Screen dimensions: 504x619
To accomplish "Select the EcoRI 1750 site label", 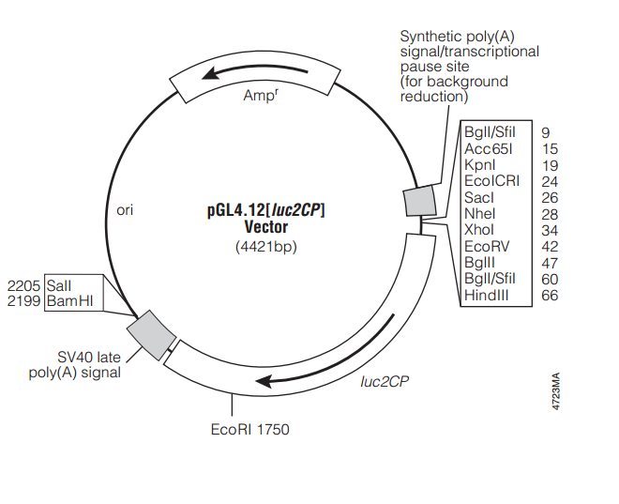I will pyautogui.click(x=249, y=430).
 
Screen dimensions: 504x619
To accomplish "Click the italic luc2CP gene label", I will pyautogui.click(x=384, y=382).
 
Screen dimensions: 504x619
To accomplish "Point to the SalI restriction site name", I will pyautogui.click(x=58, y=283).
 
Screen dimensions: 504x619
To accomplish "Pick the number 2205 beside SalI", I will pyautogui.click(x=23, y=283).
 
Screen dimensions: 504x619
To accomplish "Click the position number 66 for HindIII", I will pyautogui.click(x=549, y=295).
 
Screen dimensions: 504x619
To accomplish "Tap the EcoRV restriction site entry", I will pyautogui.click(x=486, y=246).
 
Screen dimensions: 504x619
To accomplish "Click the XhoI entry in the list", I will pyautogui.click(x=479, y=229).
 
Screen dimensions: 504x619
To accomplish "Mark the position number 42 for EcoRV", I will pyautogui.click(x=550, y=246).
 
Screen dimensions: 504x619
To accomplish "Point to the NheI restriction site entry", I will pyautogui.click(x=479, y=213).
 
